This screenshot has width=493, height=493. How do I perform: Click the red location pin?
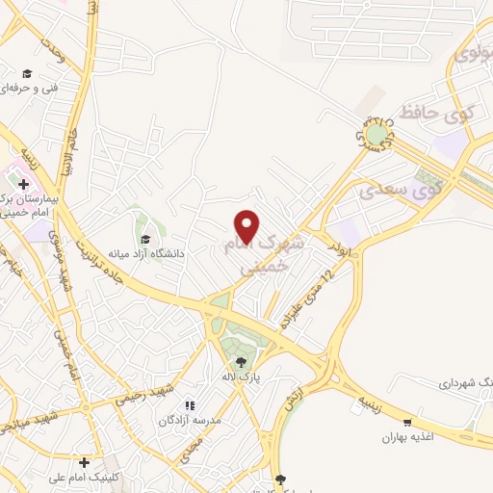248,225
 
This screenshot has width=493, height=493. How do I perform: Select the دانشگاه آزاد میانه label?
146,253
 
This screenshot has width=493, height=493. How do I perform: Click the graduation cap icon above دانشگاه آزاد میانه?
145,239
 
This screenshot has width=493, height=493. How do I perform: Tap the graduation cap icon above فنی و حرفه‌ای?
27,73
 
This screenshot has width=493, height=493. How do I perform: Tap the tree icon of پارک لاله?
235,363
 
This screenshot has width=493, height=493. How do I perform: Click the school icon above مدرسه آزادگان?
190,405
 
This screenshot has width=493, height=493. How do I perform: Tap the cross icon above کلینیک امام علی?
85,462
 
